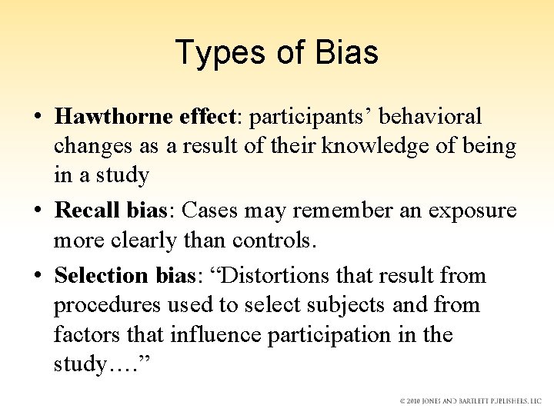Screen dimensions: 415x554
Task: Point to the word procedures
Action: point(107,305)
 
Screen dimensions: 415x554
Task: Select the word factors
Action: point(82,335)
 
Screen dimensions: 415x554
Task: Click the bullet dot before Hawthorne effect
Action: point(36,118)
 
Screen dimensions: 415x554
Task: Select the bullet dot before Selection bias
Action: point(36,276)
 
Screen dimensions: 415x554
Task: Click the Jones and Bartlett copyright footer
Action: point(470,401)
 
